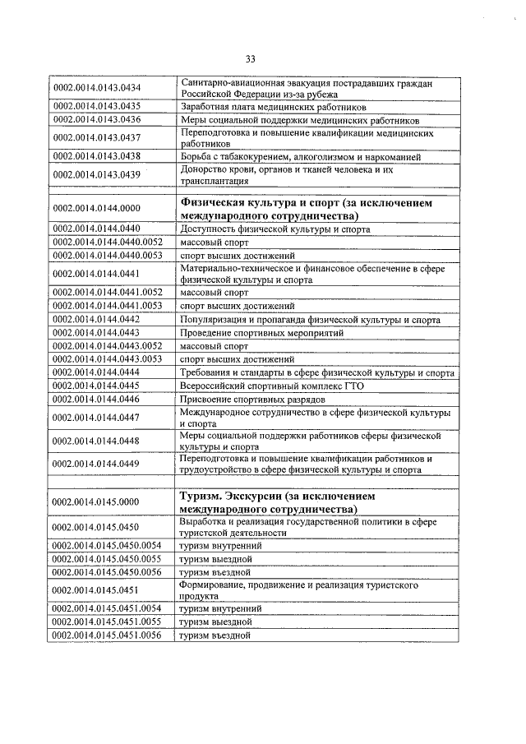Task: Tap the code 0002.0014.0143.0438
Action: (97, 156)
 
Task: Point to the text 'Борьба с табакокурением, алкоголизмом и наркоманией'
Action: (301, 156)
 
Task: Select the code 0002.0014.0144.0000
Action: (97, 210)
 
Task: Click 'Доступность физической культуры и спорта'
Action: (275, 229)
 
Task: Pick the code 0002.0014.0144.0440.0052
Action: (108, 243)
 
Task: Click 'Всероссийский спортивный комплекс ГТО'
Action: (271, 386)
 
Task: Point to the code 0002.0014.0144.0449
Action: (97, 464)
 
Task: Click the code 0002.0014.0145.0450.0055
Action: (108, 558)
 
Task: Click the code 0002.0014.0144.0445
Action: (97, 386)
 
